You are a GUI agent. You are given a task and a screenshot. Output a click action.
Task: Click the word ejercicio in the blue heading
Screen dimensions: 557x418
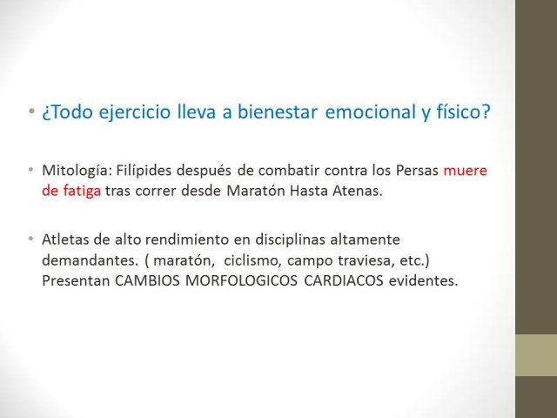(x=135, y=112)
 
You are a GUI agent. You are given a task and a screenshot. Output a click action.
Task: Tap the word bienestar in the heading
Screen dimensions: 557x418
(x=277, y=111)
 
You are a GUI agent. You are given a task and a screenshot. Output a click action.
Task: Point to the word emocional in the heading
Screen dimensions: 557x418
(x=371, y=111)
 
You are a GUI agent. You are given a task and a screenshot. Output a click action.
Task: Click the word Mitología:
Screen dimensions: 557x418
(x=77, y=171)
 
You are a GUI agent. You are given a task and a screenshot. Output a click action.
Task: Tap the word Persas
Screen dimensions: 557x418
(x=417, y=171)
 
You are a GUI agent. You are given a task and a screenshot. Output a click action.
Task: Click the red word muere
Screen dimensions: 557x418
(x=465, y=171)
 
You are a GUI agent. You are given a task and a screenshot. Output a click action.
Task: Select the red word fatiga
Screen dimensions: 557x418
(x=82, y=192)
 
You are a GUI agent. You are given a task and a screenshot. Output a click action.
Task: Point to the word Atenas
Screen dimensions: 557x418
(x=358, y=192)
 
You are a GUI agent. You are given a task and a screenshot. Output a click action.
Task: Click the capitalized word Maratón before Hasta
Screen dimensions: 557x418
(x=256, y=192)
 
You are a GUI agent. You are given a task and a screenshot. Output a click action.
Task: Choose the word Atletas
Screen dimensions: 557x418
(x=66, y=239)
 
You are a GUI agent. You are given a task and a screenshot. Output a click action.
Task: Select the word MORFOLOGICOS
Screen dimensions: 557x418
(x=241, y=280)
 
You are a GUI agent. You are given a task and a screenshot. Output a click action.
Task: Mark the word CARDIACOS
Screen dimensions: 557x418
(x=344, y=280)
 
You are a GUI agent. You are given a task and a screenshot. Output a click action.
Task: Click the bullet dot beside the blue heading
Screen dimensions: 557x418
(x=32, y=111)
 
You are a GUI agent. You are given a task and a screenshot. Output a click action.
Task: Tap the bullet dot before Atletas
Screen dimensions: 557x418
(x=31, y=238)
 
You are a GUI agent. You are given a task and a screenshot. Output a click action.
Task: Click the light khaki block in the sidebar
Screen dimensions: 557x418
(x=536, y=355)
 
